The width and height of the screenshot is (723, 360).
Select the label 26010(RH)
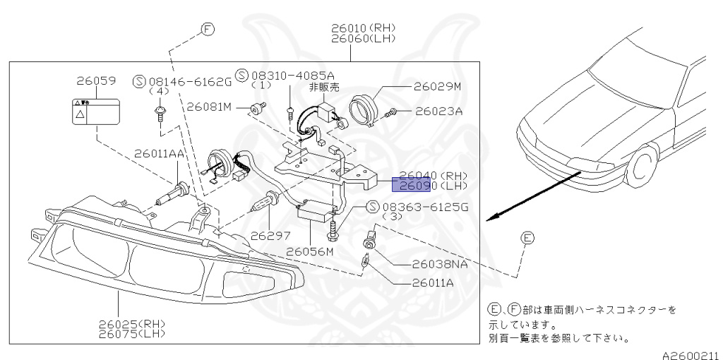click(364, 28)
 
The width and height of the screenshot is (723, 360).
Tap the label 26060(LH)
click(364, 40)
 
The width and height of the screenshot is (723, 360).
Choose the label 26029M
click(437, 87)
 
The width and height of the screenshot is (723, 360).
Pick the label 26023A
click(438, 111)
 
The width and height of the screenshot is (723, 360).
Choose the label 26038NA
click(441, 265)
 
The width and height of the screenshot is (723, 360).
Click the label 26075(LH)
click(131, 335)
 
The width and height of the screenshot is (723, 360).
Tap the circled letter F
click(208, 29)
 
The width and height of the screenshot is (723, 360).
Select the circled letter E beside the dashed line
click(528, 239)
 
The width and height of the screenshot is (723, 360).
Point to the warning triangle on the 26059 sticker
click(82, 114)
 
